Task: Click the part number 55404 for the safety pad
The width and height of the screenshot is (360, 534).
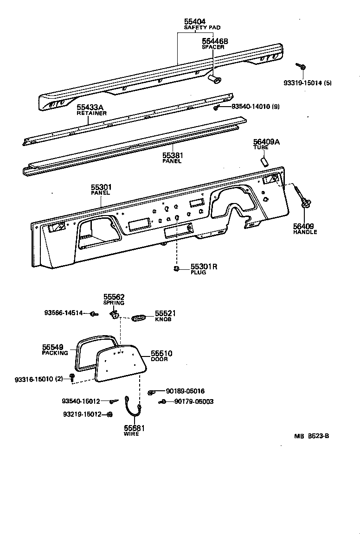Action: [194, 22]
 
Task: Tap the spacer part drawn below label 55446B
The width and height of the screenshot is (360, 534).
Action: [214, 80]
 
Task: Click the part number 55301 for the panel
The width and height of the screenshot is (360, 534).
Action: [101, 187]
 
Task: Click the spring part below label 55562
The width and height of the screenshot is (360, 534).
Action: [114, 315]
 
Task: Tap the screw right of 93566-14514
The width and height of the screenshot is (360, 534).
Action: [94, 314]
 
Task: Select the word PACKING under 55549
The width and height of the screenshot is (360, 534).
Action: [55, 353]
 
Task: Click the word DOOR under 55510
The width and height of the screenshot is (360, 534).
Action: [159, 359]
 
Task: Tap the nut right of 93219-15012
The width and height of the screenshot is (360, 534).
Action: [109, 414]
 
